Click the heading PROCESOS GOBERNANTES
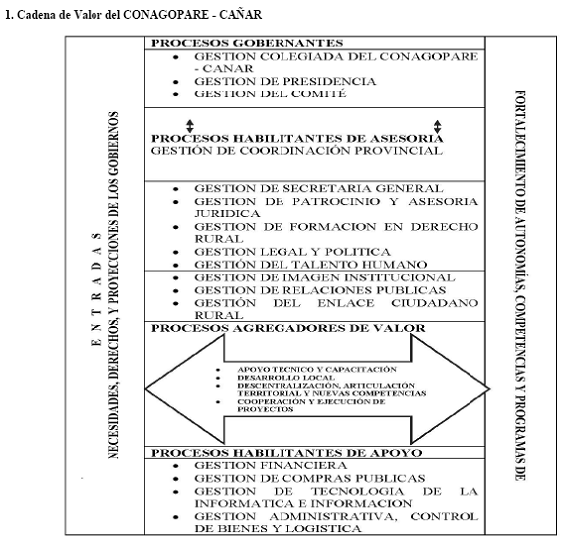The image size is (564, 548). [x=247, y=43]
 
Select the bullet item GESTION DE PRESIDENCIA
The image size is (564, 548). [x=284, y=81]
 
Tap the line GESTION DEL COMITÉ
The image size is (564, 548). [x=271, y=93]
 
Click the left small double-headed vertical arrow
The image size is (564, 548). [x=190, y=126]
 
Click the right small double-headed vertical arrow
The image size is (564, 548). [x=437, y=126]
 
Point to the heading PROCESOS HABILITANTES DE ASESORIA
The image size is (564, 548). [x=297, y=139]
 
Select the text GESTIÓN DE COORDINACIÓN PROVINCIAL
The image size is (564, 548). [x=296, y=151]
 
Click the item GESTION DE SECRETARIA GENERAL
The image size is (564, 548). [x=318, y=188]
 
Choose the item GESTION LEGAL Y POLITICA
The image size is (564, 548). [x=292, y=252]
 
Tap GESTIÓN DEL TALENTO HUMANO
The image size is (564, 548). [x=310, y=265]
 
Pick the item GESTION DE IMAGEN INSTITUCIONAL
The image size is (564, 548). [x=324, y=277]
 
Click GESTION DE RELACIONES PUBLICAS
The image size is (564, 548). [x=319, y=290]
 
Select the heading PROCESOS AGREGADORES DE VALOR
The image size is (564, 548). [x=288, y=328]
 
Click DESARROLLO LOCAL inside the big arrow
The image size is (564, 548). [x=285, y=378]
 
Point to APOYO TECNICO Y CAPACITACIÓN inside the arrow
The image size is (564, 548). [x=317, y=370]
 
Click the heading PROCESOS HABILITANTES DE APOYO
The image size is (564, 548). [x=286, y=453]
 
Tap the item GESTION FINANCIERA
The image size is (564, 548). [x=271, y=466]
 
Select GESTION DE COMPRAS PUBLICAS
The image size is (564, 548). [x=309, y=479]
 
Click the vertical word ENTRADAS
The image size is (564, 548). [x=96, y=289]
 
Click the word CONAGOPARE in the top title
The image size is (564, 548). [x=166, y=15]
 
